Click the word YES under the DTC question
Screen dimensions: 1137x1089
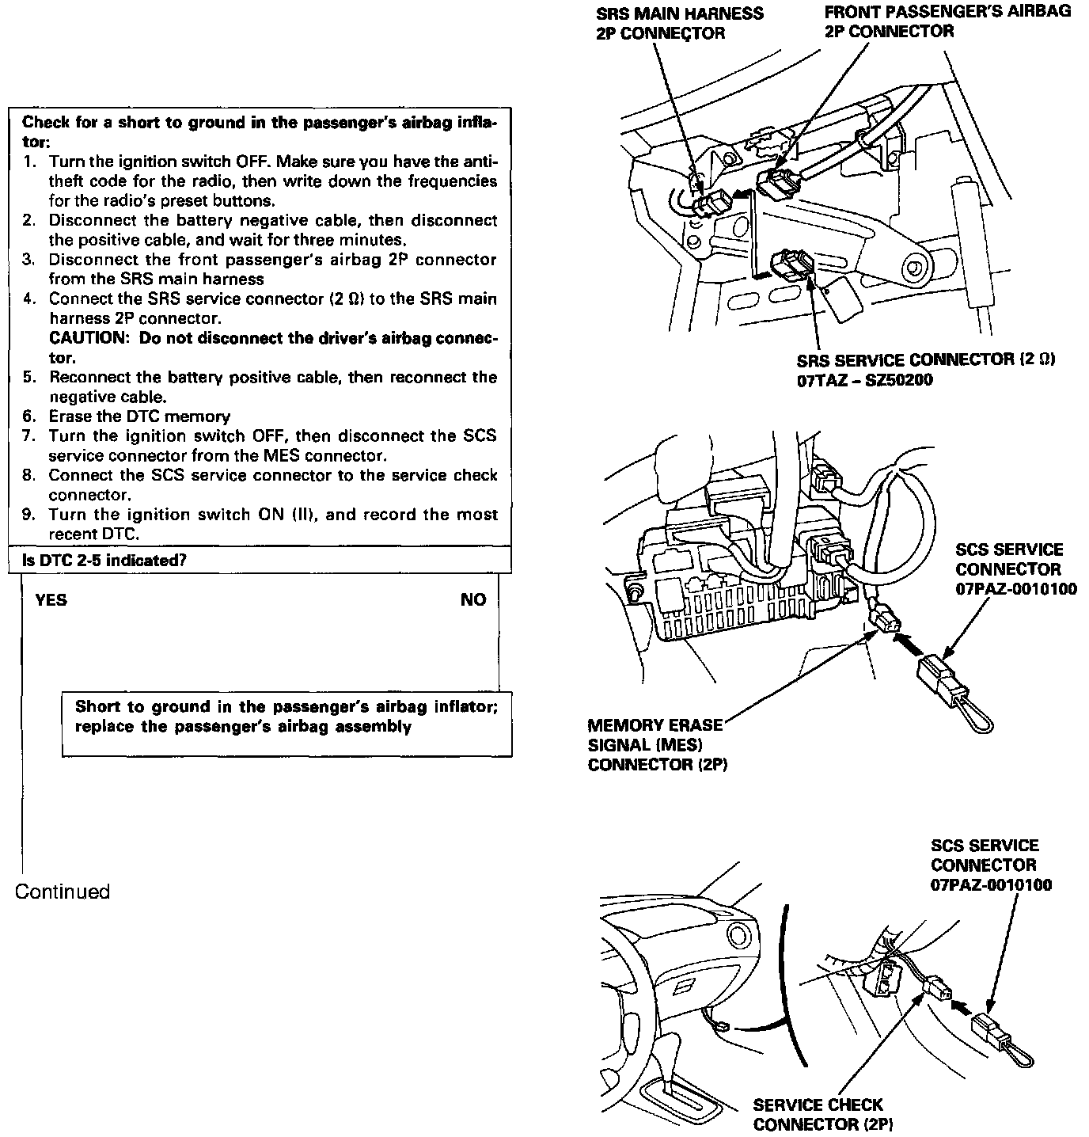click(x=51, y=600)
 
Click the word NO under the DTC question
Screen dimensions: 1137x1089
click(x=473, y=600)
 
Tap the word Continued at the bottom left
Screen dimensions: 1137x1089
click(x=63, y=892)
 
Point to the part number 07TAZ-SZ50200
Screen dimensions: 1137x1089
click(x=864, y=380)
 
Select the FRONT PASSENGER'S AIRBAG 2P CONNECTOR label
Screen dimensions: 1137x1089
click(x=947, y=22)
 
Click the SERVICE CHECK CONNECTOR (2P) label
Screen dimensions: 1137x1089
click(x=818, y=1114)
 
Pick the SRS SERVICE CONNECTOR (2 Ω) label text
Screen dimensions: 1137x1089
click(x=926, y=360)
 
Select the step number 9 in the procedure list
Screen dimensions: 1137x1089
click(x=28, y=515)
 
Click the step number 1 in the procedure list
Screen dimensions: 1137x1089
click(x=28, y=162)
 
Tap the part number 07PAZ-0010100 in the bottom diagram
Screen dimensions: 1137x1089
click(x=991, y=885)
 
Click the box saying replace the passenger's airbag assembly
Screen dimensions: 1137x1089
click(x=286, y=717)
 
